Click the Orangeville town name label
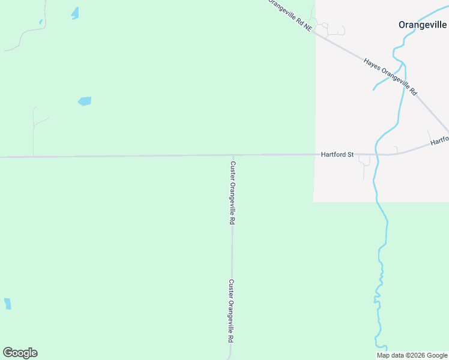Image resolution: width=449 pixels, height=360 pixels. tap(423, 25)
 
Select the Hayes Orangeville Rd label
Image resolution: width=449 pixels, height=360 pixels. tap(390, 77)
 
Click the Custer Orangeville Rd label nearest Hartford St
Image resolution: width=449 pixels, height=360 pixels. tap(232, 193)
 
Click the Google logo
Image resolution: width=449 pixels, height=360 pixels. tap(20, 353)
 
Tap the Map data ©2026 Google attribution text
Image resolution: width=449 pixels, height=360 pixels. tap(412, 355)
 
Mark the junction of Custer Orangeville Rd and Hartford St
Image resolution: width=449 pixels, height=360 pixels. tap(232, 155)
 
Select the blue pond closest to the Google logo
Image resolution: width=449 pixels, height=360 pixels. tap(7, 304)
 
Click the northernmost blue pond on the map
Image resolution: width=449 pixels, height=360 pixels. tap(75, 13)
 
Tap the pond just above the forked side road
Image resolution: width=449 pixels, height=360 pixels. tap(85, 101)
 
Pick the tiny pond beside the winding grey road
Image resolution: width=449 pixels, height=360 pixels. tap(41, 22)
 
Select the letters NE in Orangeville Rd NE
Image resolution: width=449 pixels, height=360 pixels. tap(308, 28)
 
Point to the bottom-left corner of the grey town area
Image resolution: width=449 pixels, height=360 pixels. tap(314, 201)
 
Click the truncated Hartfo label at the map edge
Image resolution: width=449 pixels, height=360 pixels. tap(439, 142)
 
